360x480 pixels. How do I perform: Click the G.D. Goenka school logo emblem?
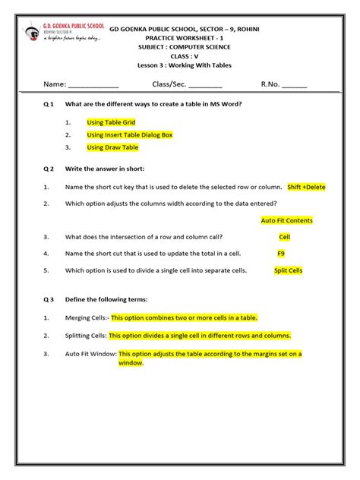[33, 33]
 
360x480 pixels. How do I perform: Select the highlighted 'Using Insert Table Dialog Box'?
[130, 134]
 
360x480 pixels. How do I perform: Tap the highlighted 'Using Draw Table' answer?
[112, 147]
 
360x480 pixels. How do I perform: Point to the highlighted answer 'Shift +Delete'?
[306, 187]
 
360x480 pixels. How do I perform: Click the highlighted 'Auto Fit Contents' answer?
[286, 220]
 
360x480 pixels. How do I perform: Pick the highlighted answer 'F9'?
[281, 253]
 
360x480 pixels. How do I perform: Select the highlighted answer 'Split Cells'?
[288, 270]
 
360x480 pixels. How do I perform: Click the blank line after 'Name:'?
[93, 84]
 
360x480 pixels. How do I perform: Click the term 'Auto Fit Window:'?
[90, 353]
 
